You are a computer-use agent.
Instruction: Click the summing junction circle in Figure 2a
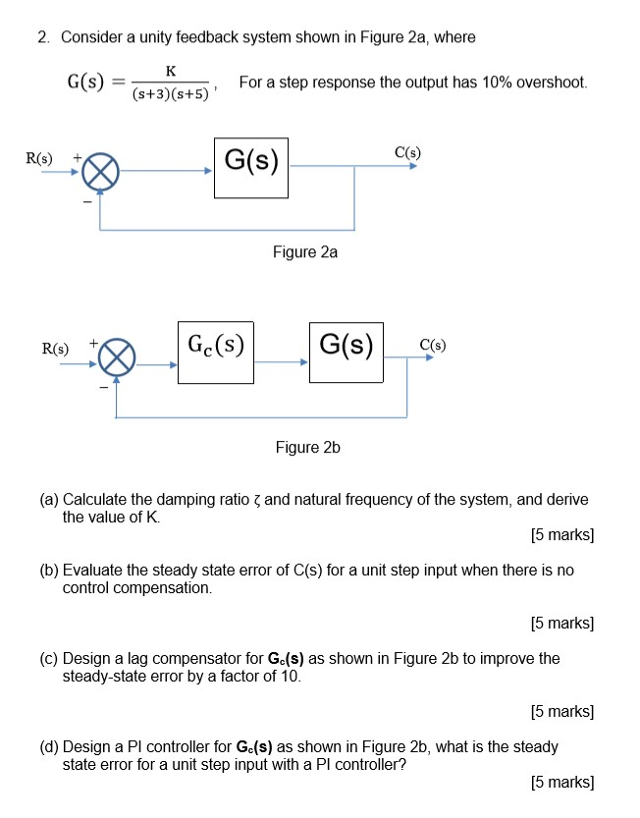point(99,174)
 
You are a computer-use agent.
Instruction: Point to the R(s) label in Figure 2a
point(40,157)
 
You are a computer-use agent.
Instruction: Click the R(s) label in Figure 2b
point(55,348)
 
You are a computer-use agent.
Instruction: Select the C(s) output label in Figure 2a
point(407,152)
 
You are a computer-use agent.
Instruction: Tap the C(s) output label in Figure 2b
point(432,345)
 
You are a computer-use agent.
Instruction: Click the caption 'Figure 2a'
point(305,252)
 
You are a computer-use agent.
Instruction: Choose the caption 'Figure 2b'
point(307,448)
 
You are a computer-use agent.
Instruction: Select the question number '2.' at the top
point(44,37)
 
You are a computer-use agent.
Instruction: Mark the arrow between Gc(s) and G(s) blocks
point(282,362)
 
